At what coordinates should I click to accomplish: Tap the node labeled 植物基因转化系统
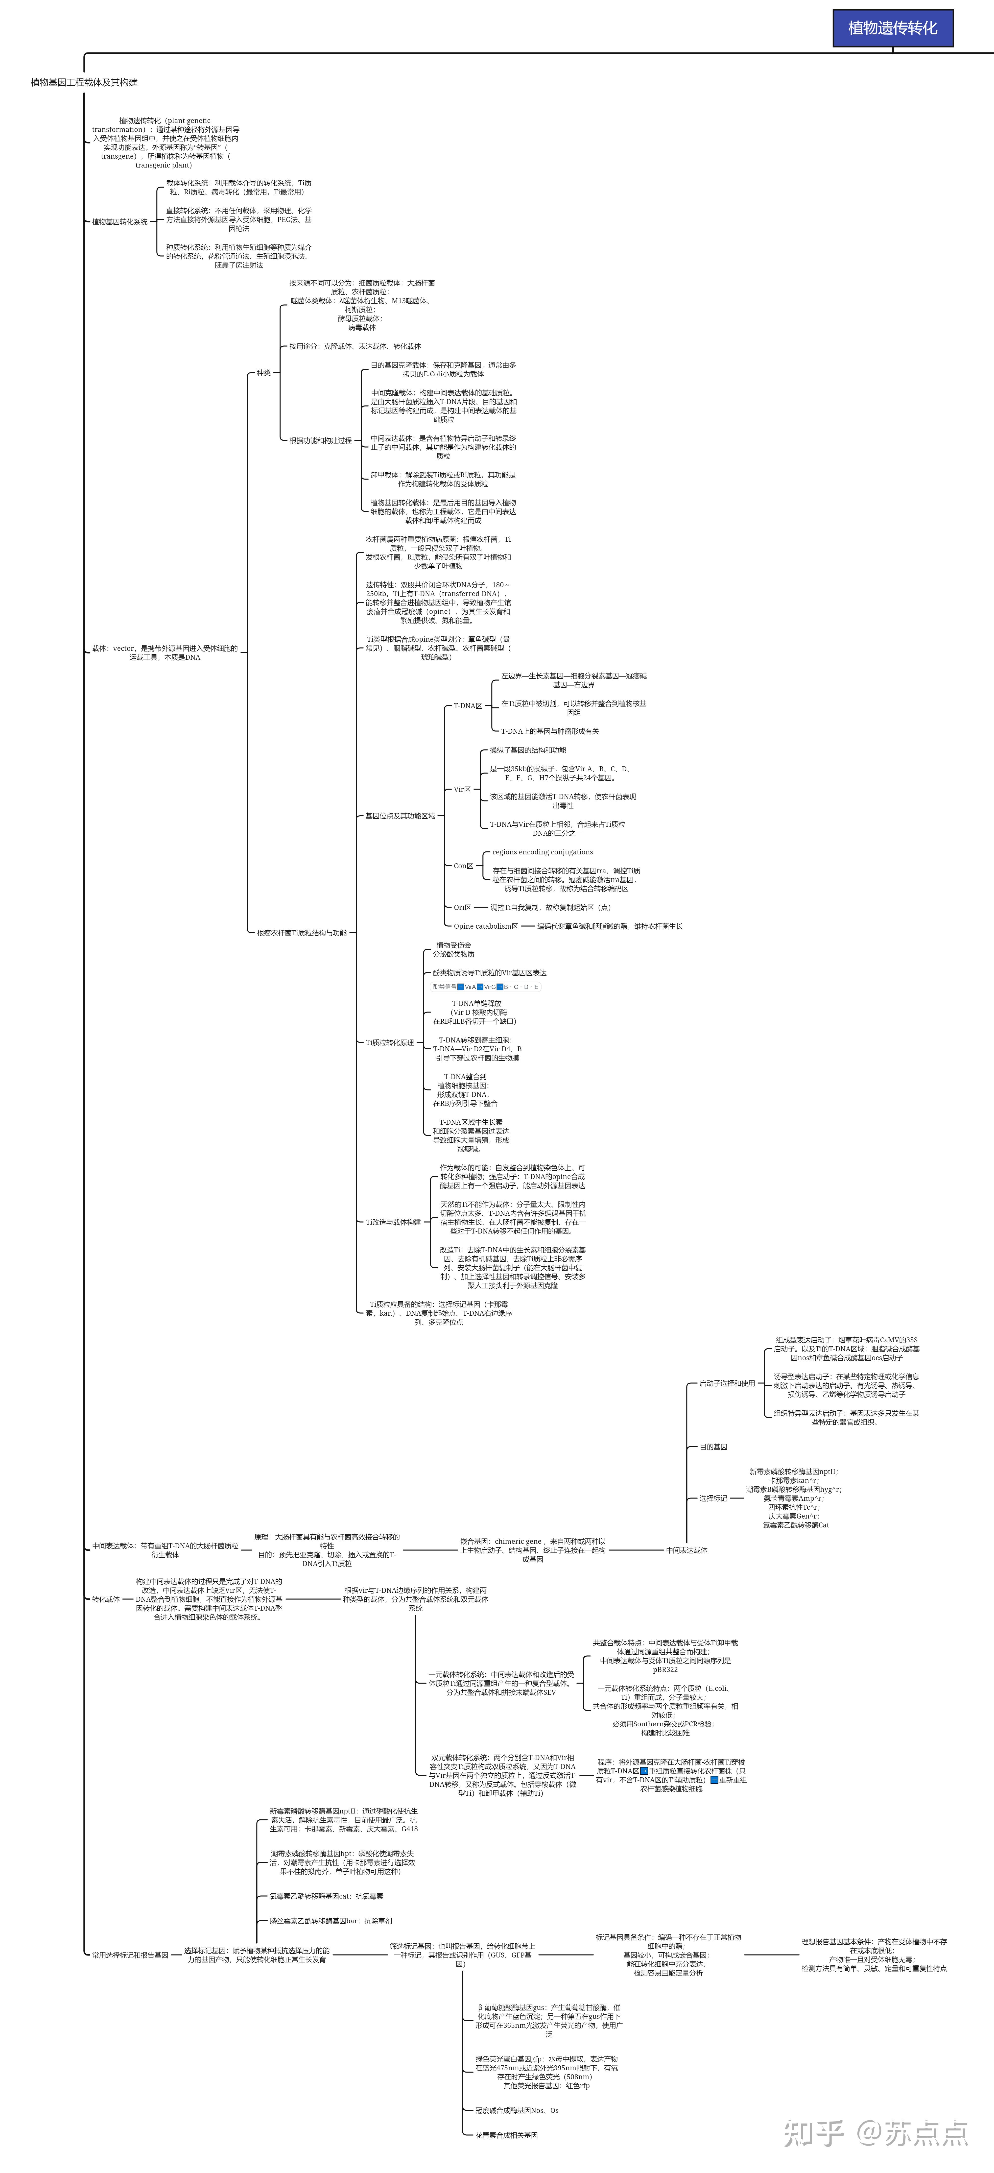point(120,222)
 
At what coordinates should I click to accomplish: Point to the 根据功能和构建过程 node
point(320,440)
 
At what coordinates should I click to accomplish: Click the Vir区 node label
point(462,790)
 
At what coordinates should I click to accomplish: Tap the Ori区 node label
point(462,908)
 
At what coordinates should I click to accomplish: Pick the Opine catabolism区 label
point(486,926)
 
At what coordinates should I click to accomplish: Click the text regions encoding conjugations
point(542,852)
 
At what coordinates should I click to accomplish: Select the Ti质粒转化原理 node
point(389,1043)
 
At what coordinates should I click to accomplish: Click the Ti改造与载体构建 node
point(393,1222)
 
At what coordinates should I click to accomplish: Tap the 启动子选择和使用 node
point(727,1383)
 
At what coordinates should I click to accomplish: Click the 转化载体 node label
point(105,1599)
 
